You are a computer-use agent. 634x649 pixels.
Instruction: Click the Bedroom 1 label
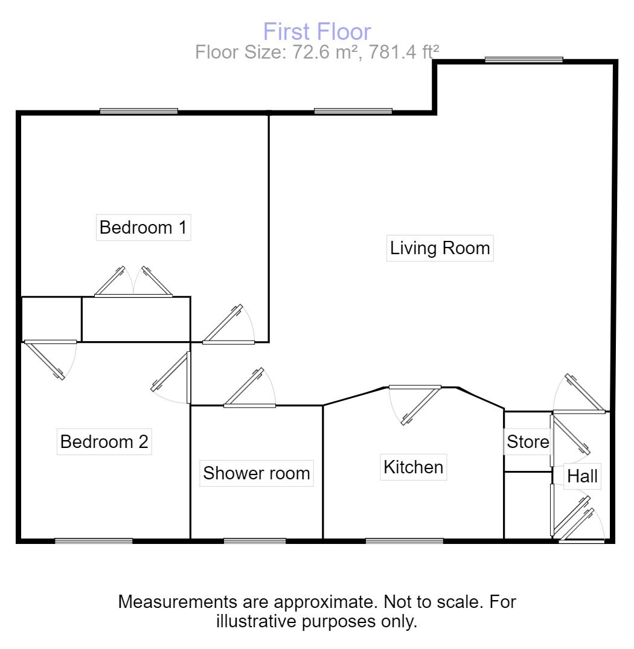143,227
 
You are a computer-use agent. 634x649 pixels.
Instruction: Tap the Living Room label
440,248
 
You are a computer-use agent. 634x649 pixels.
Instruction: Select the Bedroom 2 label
104,442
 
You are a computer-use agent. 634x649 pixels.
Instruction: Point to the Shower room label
257,473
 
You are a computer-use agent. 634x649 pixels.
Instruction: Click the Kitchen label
414,467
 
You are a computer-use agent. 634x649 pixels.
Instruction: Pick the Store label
528,442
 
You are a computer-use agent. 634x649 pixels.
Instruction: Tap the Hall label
582,476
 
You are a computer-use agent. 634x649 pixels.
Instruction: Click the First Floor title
317,31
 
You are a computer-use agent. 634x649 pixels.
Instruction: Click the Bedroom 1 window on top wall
139,111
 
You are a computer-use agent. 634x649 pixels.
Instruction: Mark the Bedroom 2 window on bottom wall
94,541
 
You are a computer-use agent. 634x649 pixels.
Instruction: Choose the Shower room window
255,541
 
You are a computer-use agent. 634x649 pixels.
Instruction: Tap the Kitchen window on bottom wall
405,541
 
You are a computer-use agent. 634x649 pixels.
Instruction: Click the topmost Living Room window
524,60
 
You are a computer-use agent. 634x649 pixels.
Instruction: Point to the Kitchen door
415,405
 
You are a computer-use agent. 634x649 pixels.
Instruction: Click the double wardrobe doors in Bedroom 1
133,282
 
